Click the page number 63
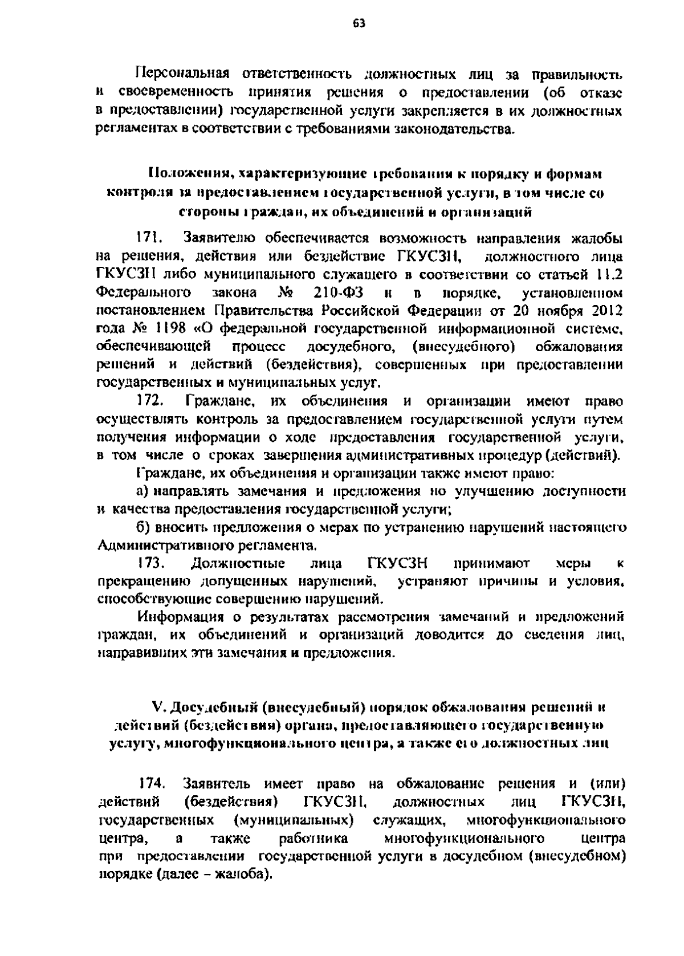(x=359, y=23)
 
